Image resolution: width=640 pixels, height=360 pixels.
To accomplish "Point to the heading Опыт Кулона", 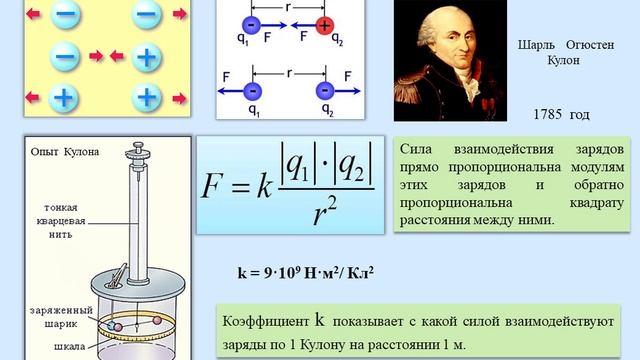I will (65, 152).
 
